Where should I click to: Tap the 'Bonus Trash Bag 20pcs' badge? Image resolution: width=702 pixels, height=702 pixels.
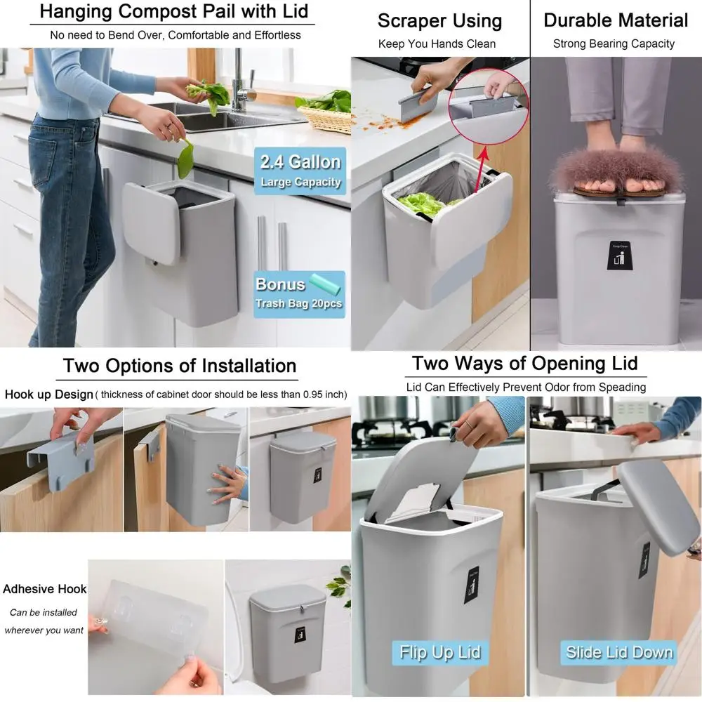tap(299, 293)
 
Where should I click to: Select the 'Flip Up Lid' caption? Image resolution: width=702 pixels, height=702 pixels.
tap(440, 652)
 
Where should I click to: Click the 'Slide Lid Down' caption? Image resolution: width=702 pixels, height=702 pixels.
tap(618, 652)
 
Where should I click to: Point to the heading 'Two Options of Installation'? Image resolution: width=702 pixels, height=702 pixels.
tap(180, 366)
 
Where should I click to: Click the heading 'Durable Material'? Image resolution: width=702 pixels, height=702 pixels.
tap(616, 20)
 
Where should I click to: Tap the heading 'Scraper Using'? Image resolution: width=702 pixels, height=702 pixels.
tap(439, 20)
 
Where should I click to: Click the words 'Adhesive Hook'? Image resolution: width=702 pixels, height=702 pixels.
tap(44, 589)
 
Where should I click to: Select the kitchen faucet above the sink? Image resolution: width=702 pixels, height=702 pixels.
tap(239, 81)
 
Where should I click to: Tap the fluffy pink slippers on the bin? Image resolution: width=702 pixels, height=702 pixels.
tap(616, 171)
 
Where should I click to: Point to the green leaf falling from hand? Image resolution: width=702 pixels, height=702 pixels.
tap(185, 159)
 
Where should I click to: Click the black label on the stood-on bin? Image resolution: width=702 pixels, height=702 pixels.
tap(615, 256)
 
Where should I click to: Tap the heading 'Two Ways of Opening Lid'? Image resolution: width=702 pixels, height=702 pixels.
tap(524, 363)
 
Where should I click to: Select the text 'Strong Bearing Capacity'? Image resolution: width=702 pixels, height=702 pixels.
tap(614, 44)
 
